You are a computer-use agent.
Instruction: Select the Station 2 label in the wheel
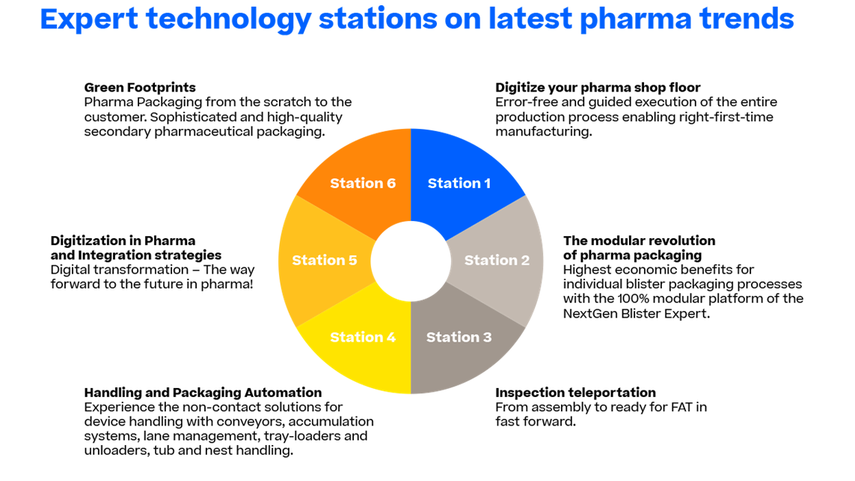coord(497,261)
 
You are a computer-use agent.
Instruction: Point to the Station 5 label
coord(325,261)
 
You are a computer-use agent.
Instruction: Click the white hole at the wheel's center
coord(411,261)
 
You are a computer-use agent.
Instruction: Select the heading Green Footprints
coord(140,88)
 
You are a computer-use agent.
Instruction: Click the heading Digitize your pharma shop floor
coord(598,88)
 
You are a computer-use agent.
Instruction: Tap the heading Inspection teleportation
coord(575,393)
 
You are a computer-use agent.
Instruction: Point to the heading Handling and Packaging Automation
coord(203,393)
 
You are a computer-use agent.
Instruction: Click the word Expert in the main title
coord(89,19)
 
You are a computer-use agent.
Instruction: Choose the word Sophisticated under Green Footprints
coord(194,118)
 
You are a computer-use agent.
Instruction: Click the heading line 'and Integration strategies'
coord(136,255)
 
